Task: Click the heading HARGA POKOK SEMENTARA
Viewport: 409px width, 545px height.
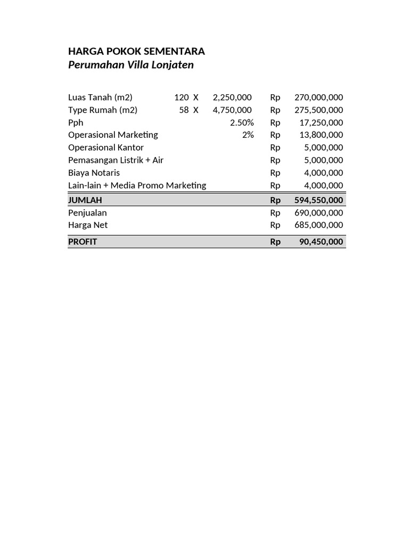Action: point(136,52)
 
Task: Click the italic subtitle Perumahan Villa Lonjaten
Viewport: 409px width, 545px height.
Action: point(131,65)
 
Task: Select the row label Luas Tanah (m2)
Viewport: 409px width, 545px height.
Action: point(100,97)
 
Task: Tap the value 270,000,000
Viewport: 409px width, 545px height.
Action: point(318,97)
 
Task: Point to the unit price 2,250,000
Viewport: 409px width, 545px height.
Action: point(232,97)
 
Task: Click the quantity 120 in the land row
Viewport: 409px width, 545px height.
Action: point(181,97)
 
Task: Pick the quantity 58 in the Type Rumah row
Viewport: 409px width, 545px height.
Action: point(184,110)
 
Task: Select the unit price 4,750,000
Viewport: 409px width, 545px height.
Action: point(232,110)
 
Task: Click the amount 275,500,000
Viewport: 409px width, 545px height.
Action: point(318,110)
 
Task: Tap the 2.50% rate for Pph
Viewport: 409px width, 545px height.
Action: point(242,122)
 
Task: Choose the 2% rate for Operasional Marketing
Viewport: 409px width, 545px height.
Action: point(248,135)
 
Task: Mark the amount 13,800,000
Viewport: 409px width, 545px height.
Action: point(321,135)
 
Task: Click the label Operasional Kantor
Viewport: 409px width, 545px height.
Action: point(106,147)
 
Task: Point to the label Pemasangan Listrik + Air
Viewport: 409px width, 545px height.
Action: point(116,160)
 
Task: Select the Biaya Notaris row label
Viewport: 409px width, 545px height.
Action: point(94,173)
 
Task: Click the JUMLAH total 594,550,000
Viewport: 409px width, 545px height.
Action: point(318,200)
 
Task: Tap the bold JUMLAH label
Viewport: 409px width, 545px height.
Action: point(85,200)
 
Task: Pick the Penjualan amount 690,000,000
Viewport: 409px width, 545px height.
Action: point(318,212)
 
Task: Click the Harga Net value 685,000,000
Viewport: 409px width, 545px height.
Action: point(318,225)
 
